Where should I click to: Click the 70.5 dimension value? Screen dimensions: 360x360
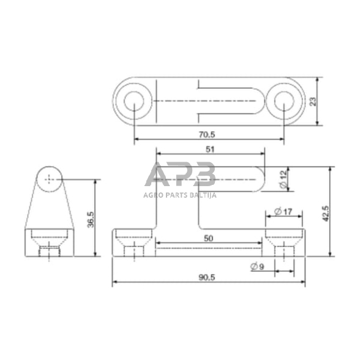point(207,135)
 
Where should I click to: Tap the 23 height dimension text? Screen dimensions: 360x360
point(313,102)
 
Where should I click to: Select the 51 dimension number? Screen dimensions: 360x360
point(210,149)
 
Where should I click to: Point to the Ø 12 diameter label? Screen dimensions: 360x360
point(284,179)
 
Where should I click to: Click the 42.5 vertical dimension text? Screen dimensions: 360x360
point(326,214)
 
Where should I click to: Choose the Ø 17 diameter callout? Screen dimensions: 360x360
point(283,211)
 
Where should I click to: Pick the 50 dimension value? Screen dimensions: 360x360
point(208,239)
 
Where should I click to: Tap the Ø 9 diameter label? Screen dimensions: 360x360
point(258,266)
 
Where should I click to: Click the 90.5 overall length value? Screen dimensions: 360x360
point(207,277)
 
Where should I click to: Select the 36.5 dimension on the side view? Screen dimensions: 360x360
point(91,220)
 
